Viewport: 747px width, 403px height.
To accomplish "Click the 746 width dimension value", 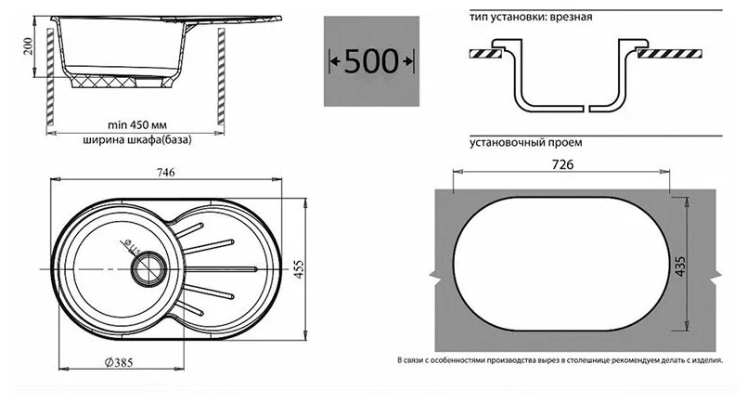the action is coord(166,172).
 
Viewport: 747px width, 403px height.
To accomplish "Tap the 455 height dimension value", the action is coord(298,269).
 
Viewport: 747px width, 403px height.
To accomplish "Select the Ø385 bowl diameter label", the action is coord(119,362).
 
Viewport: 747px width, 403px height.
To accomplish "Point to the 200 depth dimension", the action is coord(29,45).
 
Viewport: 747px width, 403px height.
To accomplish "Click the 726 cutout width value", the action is coord(562,164).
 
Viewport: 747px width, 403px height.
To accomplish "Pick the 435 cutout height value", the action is coord(680,266).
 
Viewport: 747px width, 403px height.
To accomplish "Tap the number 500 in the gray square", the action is coord(371,61).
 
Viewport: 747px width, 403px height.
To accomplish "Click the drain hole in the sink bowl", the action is coord(148,268).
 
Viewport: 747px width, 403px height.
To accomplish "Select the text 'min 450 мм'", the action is coord(137,125).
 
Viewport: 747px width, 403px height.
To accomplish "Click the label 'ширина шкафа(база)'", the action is coord(137,140).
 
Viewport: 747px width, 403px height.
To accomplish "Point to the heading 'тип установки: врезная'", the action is coord(531,17).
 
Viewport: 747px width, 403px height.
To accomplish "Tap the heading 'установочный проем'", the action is coord(526,143).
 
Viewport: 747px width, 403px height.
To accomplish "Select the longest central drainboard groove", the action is coord(221,269).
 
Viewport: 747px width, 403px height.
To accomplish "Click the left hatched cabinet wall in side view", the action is coord(50,77).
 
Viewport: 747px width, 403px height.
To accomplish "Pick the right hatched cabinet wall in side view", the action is coord(221,77).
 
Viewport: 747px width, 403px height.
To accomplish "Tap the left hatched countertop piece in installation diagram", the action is coord(486,54).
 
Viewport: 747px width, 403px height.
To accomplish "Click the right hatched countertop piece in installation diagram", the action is coord(670,54).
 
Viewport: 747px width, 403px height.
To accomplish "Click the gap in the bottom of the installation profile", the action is coord(586,109).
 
